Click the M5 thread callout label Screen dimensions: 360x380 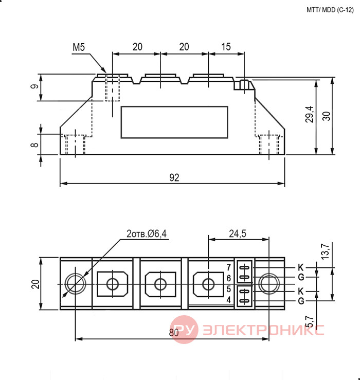coord(79,47)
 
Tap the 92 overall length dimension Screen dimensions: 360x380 coord(174,177)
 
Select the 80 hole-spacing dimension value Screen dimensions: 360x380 coord(174,333)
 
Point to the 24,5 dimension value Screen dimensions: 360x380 coord(238,233)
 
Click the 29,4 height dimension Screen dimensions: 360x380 coord(310,114)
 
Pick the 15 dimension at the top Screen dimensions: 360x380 coord(226,47)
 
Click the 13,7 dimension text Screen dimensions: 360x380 coord(326,251)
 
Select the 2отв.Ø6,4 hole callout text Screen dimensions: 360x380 coord(147,233)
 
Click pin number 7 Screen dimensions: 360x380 coord(229,267)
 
